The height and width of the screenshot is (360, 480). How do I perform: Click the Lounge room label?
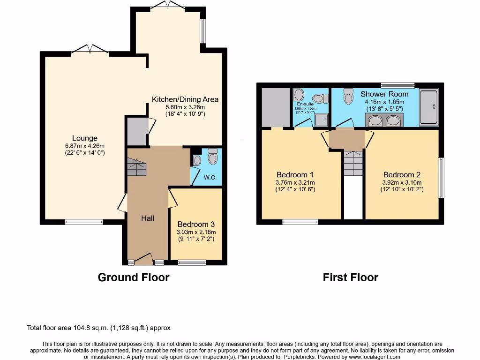(x=85, y=138)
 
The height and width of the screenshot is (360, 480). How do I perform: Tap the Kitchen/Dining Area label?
(x=185, y=99)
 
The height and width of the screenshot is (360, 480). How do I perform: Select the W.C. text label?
(x=210, y=178)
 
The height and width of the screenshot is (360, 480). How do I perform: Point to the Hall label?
(x=148, y=218)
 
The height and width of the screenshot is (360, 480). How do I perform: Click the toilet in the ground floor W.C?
(x=213, y=157)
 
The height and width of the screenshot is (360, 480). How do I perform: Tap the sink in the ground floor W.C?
(x=197, y=161)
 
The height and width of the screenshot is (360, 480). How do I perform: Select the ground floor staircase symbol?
(x=136, y=166)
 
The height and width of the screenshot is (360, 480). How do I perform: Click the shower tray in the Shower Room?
(x=428, y=108)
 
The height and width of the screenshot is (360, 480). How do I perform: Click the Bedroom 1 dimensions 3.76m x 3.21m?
(x=295, y=183)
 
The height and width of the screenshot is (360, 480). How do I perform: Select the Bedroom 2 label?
(x=402, y=175)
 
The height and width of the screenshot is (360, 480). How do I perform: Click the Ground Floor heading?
(x=134, y=277)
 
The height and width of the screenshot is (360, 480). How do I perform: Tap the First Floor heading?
(x=350, y=277)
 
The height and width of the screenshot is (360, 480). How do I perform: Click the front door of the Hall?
(x=144, y=259)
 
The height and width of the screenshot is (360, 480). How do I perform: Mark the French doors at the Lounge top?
(x=89, y=49)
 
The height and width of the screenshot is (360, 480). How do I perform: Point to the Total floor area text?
(x=98, y=328)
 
